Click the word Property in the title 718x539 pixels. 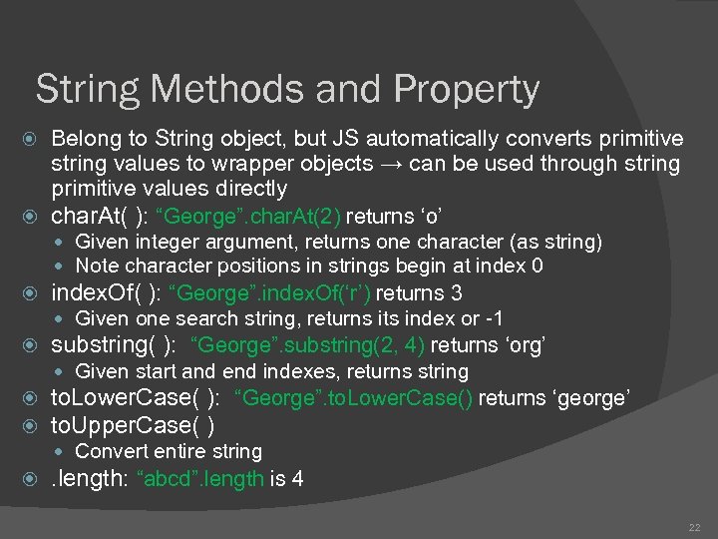coord(467,91)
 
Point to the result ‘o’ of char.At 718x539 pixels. coord(430,216)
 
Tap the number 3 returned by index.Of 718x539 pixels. coord(456,293)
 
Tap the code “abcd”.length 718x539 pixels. coord(204,479)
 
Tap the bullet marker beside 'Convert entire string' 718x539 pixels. coord(66,451)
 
